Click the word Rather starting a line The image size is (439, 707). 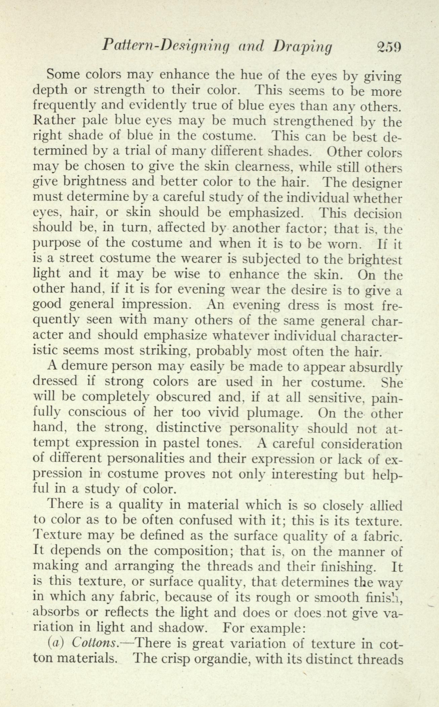[54, 121]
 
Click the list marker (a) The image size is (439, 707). [57, 643]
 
